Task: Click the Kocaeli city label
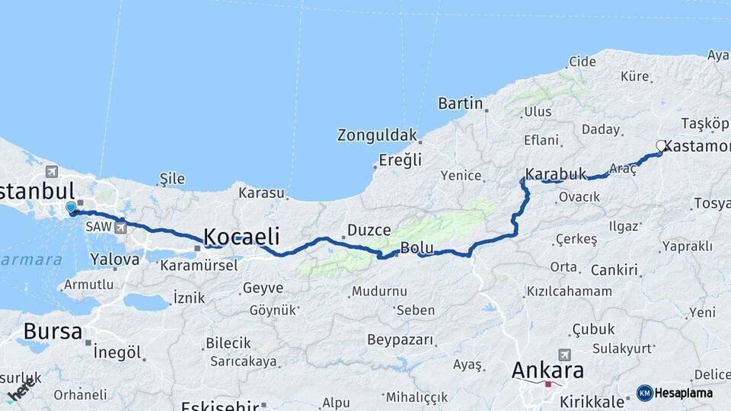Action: (241, 234)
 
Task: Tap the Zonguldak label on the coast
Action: (378, 135)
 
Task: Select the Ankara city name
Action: (547, 371)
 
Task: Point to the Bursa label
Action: (53, 331)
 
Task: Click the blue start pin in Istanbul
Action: (71, 207)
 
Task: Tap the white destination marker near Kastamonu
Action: (661, 145)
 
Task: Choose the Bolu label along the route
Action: (417, 248)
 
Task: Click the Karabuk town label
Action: (556, 174)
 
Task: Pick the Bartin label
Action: (461, 103)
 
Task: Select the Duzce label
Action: (369, 230)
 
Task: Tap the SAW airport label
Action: (98, 227)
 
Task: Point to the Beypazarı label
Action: (400, 339)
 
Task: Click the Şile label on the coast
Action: (172, 179)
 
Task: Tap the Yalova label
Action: (115, 259)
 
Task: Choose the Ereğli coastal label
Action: (400, 161)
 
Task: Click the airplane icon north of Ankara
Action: (564, 355)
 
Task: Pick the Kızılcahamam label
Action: (569, 291)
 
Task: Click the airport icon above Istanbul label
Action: (52, 171)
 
